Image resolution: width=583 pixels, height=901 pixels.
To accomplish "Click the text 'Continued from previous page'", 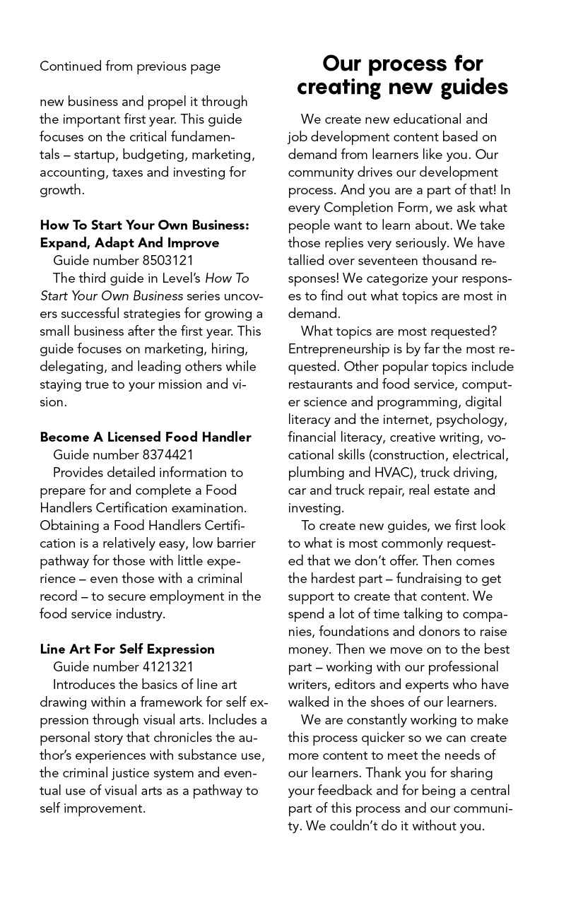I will click(x=130, y=66).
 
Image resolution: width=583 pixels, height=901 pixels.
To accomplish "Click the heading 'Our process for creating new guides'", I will click(x=402, y=75).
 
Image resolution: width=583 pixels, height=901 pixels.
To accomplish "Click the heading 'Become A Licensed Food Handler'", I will click(x=146, y=437).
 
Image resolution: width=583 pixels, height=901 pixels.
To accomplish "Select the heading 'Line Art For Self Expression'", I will click(x=127, y=649).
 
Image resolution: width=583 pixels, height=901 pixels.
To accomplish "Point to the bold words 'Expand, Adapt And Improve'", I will click(x=129, y=243).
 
